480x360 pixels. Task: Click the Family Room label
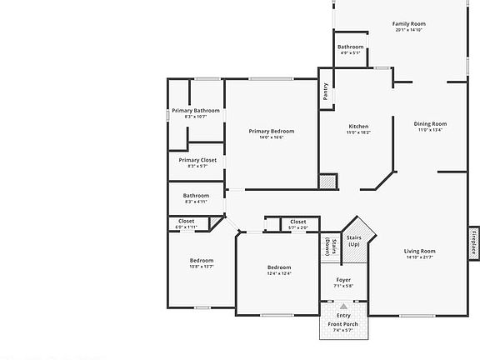[408, 24]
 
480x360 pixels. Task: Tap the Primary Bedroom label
[272, 131]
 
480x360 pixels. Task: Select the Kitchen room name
[359, 127]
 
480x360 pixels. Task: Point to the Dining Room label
[431, 124]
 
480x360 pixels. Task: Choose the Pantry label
[325, 92]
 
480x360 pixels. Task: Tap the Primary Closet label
[197, 159]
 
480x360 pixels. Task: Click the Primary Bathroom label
[196, 111]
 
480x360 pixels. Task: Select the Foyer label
[343, 279]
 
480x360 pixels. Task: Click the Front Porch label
[343, 324]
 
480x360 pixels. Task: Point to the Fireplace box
[473, 243]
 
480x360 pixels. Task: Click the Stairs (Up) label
[354, 240]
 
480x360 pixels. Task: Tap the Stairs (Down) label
[329, 247]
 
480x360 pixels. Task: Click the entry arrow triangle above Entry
[343, 307]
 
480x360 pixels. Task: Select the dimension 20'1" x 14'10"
[408, 31]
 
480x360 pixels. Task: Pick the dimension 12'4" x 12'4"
[278, 273]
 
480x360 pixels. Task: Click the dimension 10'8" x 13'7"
[201, 267]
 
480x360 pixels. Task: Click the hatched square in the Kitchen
[328, 181]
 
